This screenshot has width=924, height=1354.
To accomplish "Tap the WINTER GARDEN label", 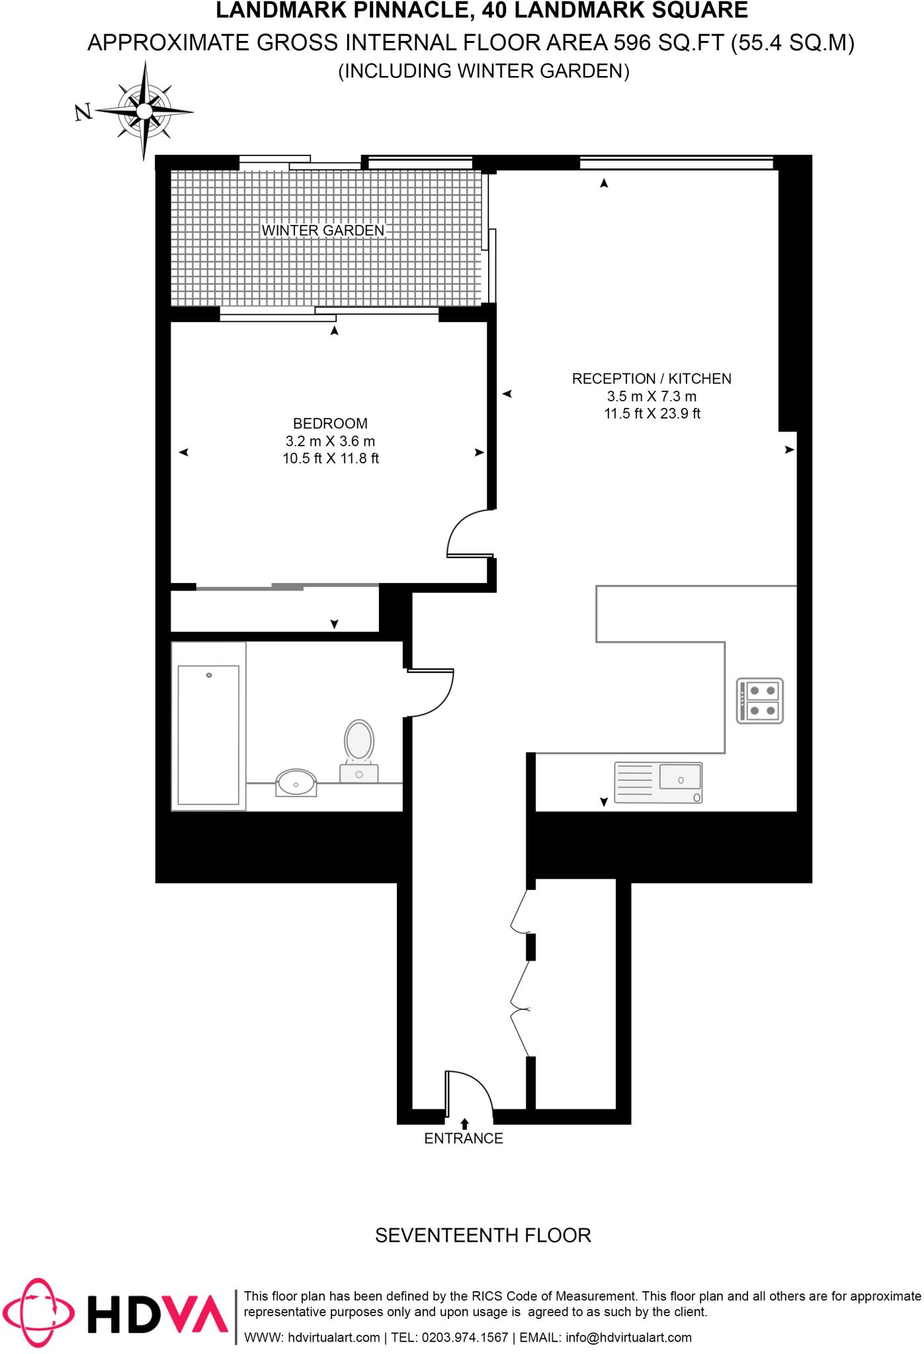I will coord(323,231).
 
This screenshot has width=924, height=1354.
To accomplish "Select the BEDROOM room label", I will coord(330,423).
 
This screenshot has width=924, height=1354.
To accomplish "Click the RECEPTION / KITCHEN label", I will coord(651,379).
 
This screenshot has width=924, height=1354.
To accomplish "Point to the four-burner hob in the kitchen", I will coord(760,701).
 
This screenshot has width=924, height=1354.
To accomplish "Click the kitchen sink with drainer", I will coord(658,783).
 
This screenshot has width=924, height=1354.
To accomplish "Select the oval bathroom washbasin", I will coord(296,783).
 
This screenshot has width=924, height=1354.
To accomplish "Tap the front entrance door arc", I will coord(470,1094).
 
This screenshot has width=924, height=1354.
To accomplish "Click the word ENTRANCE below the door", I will coord(464,1138).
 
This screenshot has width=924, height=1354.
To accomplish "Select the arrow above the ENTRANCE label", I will coord(464,1123).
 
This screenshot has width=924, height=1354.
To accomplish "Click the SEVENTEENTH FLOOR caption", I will coord(483,1235).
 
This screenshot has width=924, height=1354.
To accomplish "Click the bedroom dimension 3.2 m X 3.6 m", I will coord(330,441).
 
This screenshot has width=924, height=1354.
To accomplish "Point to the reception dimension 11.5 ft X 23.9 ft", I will coord(651,414).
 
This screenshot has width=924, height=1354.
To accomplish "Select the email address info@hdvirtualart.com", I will coord(628,1337).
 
